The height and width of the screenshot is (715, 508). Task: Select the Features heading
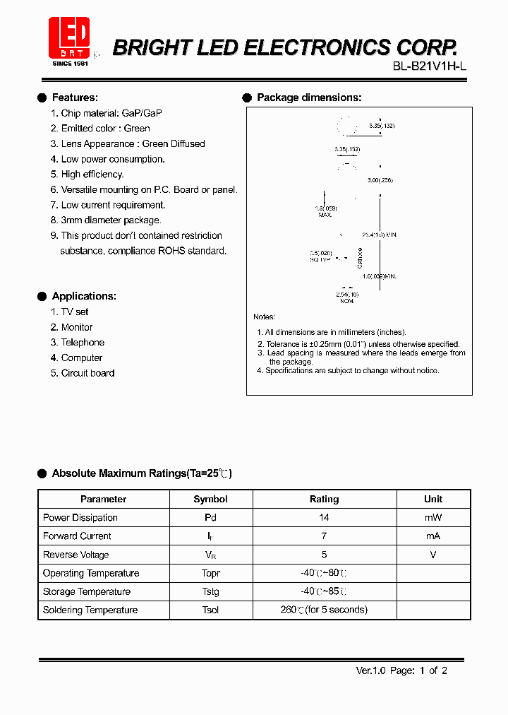75,97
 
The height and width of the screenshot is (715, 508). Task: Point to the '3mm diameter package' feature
101,220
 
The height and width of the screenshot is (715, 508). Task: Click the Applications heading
84,296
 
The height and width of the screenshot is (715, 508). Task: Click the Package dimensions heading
309,97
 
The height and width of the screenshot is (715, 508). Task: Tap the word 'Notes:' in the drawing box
264,317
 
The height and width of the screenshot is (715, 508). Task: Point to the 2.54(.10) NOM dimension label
346,297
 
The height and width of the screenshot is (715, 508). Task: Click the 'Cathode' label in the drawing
360,257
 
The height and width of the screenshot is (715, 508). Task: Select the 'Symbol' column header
210,499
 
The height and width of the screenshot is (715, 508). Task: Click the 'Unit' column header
433,499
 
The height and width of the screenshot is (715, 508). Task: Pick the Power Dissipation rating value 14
324,518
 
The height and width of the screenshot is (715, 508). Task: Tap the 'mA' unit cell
433,536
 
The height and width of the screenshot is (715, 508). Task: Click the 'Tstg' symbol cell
210,592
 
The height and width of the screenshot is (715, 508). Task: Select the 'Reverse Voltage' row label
76,555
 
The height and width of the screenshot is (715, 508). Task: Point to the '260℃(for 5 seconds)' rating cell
324,610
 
